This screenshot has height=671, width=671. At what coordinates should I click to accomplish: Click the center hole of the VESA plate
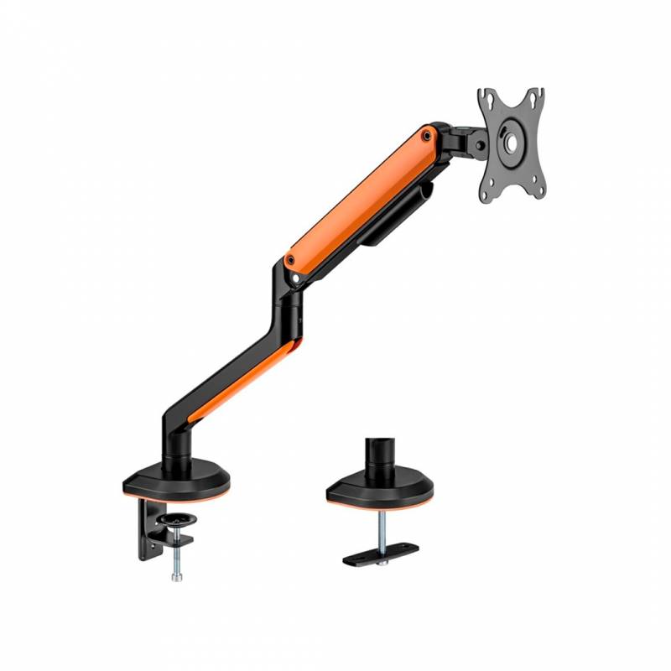point(511,138)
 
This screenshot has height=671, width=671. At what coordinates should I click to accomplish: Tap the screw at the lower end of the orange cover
point(290,260)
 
